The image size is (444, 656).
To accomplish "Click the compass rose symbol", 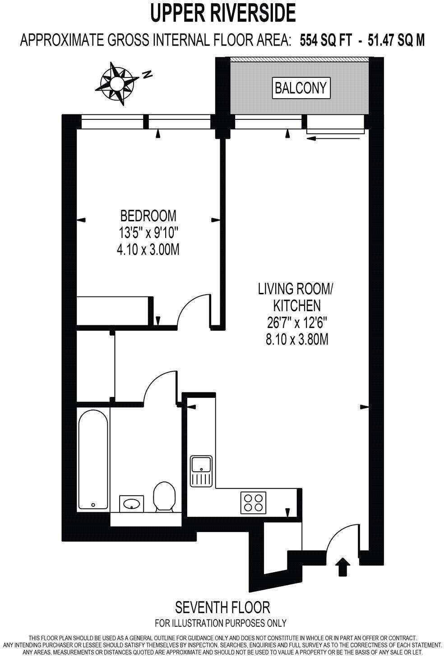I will (116, 84).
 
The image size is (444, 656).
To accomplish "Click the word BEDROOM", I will (148, 215).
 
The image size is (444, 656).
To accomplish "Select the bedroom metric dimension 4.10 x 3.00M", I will (148, 249).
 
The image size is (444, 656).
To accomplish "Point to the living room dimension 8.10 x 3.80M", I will (296, 339).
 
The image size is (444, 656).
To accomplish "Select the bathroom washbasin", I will (132, 503).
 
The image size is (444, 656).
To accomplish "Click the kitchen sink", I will (201, 471).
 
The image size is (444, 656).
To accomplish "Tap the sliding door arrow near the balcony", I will (334, 138).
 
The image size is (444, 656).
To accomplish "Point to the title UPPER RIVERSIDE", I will (222, 13).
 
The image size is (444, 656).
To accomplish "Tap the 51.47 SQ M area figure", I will (396, 41).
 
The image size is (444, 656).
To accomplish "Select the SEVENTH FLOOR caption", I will (222, 607).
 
